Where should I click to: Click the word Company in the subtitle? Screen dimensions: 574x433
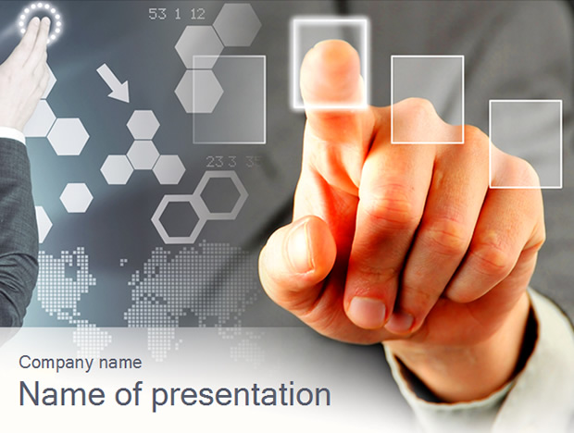pos(56,363)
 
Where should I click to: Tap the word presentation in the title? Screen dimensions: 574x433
pos(242,396)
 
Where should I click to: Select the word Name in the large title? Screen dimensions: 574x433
pos(61,394)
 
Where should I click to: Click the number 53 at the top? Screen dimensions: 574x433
pos(157,14)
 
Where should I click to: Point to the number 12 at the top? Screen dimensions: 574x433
pos(198,14)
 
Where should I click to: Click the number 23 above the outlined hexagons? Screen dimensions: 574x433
pos(215,162)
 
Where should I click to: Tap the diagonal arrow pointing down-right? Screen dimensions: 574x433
pos(113,83)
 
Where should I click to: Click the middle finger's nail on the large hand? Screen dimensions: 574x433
pos(367,312)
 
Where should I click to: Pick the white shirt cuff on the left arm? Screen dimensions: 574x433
pos(13,134)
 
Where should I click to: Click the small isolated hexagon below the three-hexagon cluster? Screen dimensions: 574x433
pos(76,198)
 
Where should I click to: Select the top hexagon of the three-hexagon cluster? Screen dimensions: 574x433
pos(143,125)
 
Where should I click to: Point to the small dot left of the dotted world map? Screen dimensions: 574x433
pos(123,261)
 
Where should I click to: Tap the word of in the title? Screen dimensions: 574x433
pos(129,393)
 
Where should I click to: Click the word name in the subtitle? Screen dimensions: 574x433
pos(120,363)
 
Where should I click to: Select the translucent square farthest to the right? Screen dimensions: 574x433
pos(526,144)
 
